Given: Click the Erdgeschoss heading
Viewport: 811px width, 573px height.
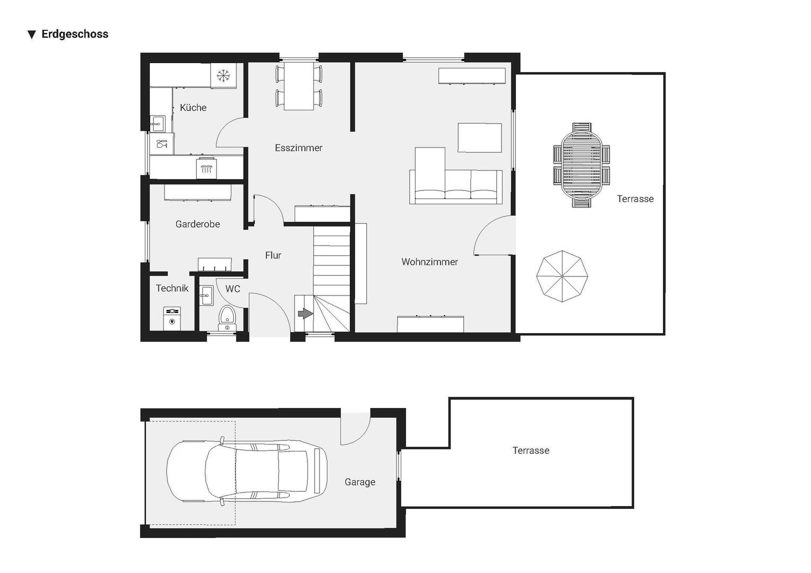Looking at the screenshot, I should click(x=74, y=34).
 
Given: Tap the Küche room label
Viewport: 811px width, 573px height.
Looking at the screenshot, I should click(x=193, y=108).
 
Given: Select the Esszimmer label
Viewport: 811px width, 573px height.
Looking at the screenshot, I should click(x=298, y=148).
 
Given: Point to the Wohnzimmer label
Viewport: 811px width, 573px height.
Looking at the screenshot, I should click(x=429, y=262).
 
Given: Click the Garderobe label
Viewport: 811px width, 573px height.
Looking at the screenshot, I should click(x=197, y=224).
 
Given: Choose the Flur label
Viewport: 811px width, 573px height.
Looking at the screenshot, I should click(x=273, y=255).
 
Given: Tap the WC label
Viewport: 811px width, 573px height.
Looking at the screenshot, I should click(x=232, y=289).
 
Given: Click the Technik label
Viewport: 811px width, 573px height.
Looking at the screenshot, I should click(x=172, y=288).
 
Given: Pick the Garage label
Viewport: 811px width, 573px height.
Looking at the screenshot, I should click(x=360, y=482).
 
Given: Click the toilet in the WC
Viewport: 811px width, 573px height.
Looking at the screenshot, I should click(x=227, y=316).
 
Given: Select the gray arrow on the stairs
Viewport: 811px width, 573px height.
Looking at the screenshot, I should click(x=305, y=314).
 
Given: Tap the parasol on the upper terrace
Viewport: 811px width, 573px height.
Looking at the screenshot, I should click(x=562, y=276).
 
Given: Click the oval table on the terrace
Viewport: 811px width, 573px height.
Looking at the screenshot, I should click(x=581, y=164).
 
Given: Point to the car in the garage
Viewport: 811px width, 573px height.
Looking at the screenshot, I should click(x=247, y=471).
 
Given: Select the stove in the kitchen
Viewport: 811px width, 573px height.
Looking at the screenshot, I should click(x=206, y=168).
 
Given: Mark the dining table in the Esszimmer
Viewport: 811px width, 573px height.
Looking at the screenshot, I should click(x=299, y=86).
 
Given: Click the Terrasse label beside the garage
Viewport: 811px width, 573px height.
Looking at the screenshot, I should click(x=531, y=450).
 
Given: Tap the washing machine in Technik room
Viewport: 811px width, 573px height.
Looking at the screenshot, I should click(x=172, y=318).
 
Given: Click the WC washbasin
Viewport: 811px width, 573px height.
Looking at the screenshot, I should click(x=206, y=295).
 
